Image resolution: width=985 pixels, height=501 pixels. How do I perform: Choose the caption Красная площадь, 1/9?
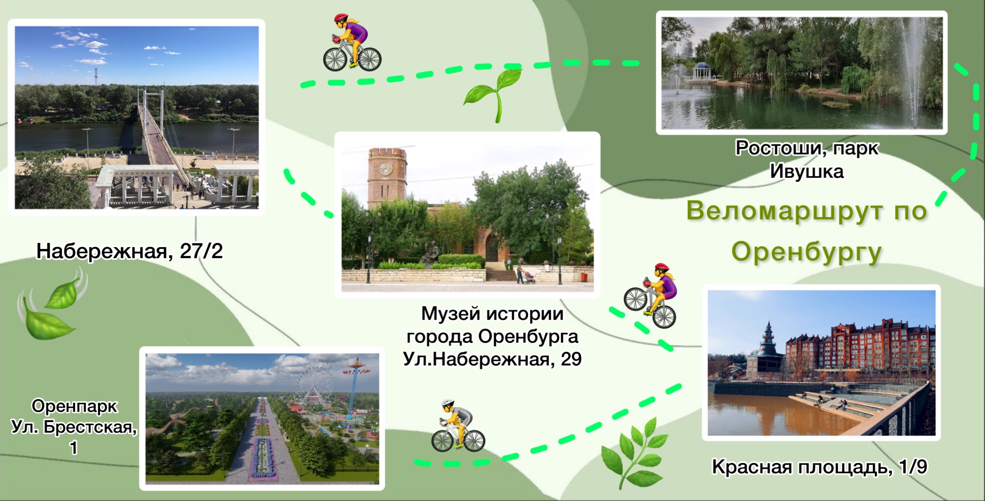tap(820, 467)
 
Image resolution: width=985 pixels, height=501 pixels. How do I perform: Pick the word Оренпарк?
tap(75, 407)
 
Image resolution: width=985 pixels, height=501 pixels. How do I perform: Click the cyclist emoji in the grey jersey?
tap(457, 426)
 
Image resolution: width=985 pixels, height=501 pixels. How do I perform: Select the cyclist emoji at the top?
tap(352, 42)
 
